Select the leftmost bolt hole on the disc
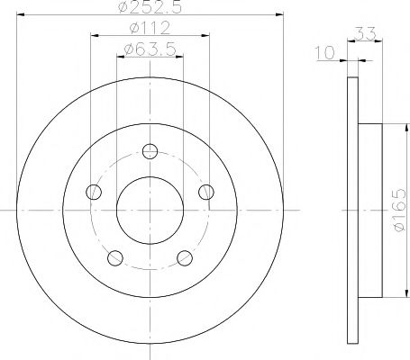[x=92, y=191]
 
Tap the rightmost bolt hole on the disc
[x=207, y=191]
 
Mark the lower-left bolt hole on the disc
[x=114, y=258]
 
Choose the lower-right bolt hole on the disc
[x=186, y=258]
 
